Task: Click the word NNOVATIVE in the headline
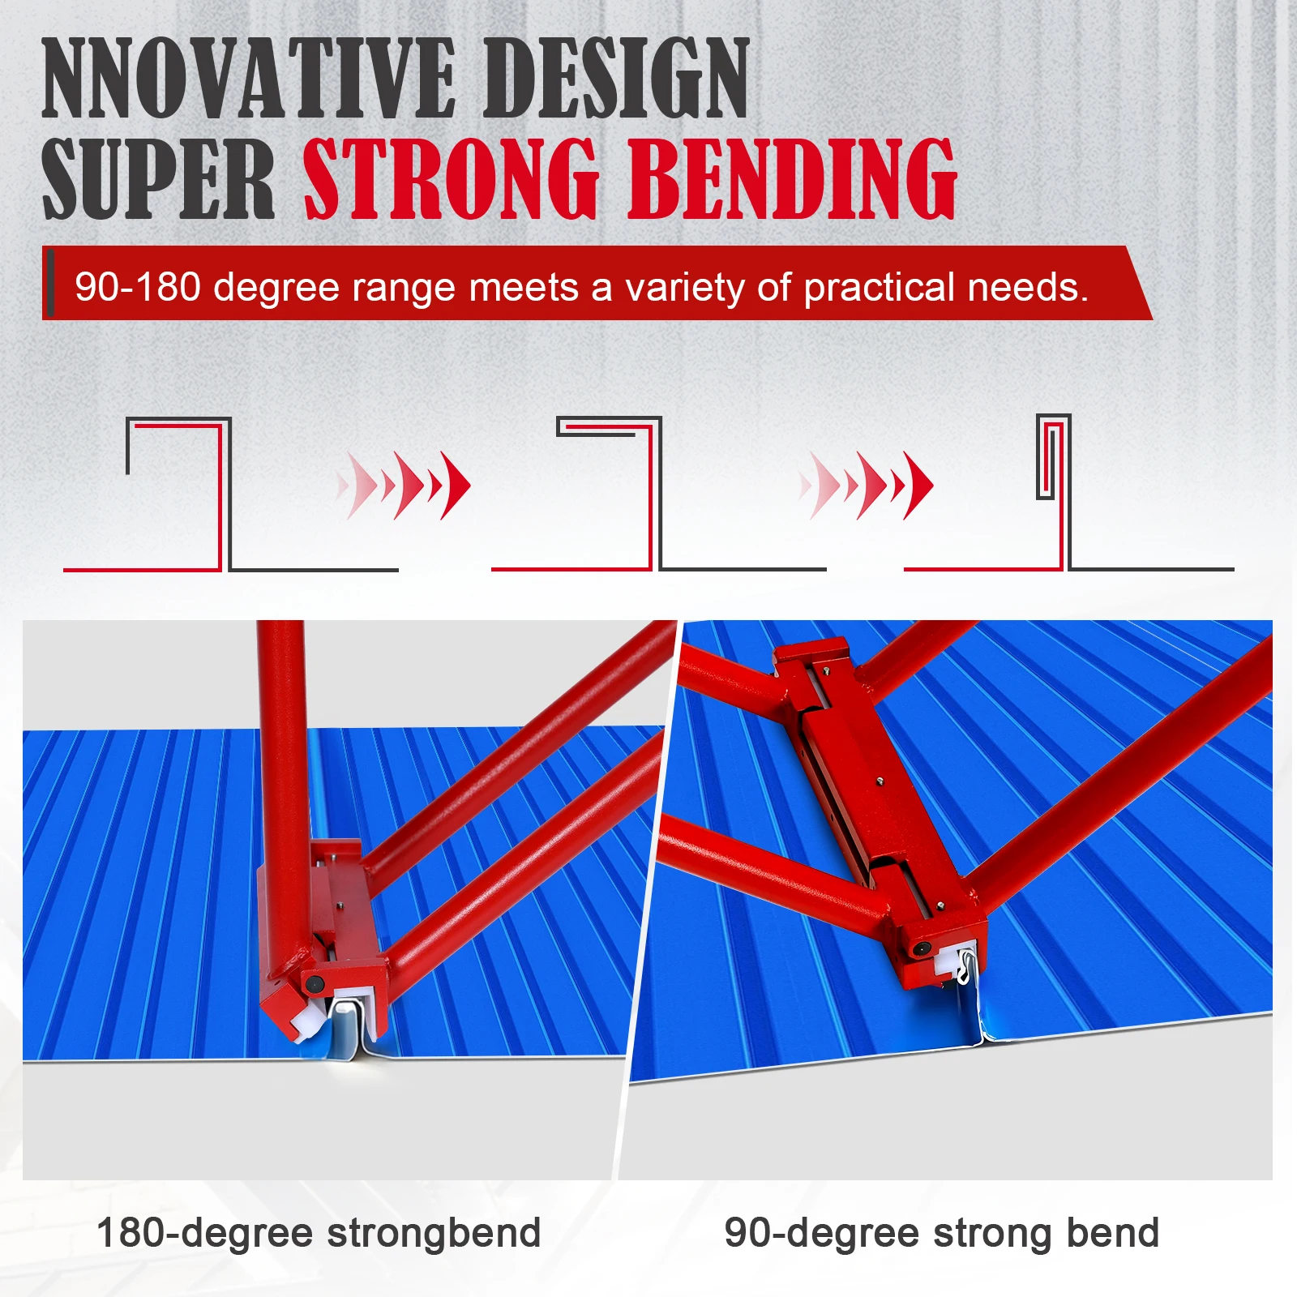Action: [247, 79]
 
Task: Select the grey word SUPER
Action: [158, 179]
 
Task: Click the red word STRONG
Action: [451, 179]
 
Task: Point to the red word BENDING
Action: [792, 179]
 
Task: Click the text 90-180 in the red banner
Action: [138, 287]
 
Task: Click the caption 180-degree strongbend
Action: [319, 1233]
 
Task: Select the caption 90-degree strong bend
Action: [941, 1233]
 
